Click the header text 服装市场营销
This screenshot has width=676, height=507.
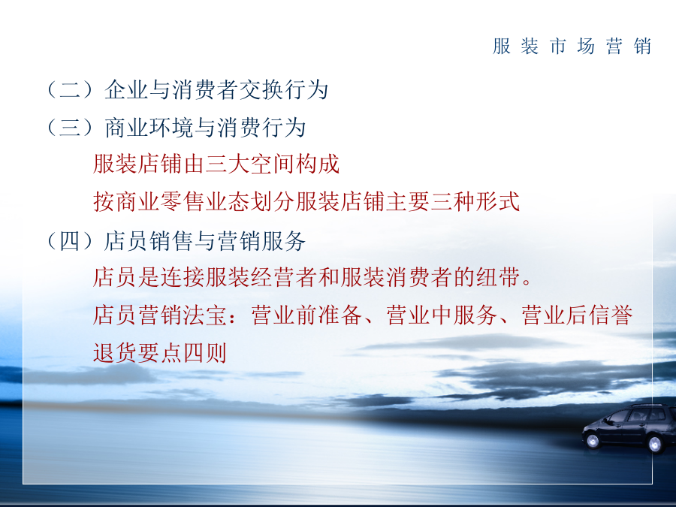pos(572,46)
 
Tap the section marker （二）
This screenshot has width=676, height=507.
pos(71,89)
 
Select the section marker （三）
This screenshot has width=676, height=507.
pos(71,128)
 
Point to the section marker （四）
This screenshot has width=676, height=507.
pos(71,241)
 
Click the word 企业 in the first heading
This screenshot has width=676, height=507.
pos(127,89)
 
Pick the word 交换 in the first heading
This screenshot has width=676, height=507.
pos(261,89)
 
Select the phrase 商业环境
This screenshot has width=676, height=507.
pos(149,128)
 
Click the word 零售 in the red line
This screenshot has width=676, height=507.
pos(183,202)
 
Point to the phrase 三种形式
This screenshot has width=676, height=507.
pos(475,202)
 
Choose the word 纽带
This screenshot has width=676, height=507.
pos(497,277)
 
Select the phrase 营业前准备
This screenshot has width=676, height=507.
pos(306,315)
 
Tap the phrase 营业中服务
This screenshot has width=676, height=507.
pos(442,315)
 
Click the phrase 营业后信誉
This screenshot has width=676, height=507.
pos(577,315)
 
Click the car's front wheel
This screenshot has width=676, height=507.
pos(593,441)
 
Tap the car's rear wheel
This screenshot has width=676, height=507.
pos(654,445)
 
